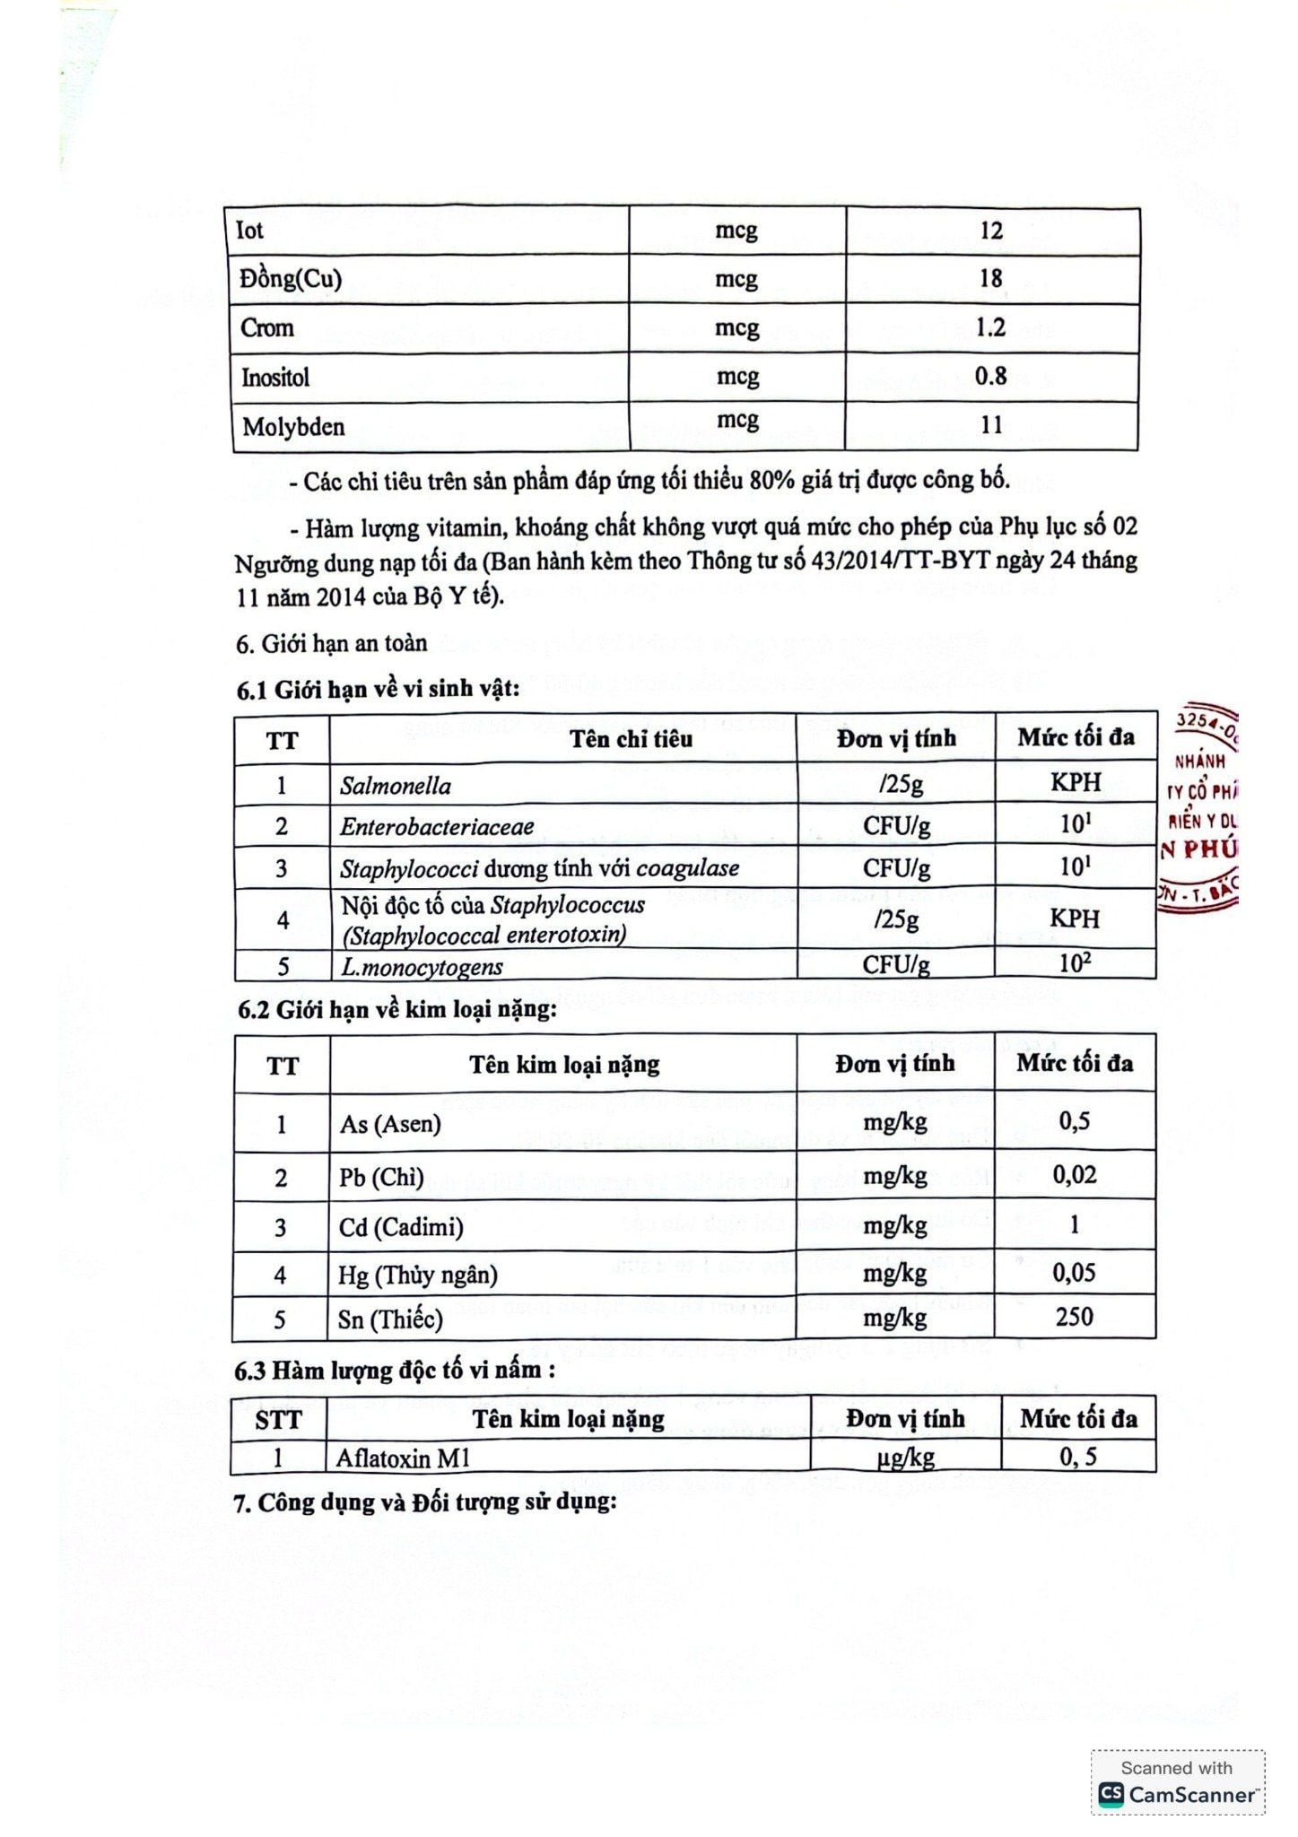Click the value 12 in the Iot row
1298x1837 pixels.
click(x=990, y=231)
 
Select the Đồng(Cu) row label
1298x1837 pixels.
click(x=291, y=279)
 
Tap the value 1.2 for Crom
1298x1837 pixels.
click(x=990, y=327)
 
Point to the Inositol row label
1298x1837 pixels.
click(x=274, y=377)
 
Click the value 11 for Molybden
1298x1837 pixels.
click(x=990, y=425)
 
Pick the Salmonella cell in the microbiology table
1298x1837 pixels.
click(x=395, y=786)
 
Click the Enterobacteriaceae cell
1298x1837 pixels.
click(x=436, y=826)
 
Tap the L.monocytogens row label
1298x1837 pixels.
click(x=422, y=967)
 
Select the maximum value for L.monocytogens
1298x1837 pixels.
click(x=1075, y=964)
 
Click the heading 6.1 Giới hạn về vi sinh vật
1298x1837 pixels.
click(x=378, y=689)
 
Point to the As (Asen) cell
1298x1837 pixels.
click(x=390, y=1123)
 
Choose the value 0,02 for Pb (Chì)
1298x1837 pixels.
click(x=1074, y=1175)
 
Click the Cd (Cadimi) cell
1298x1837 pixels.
click(x=401, y=1226)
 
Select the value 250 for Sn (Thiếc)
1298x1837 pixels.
click(x=1074, y=1317)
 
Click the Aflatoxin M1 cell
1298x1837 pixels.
click(x=403, y=1458)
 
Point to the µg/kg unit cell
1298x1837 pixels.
click(x=905, y=1458)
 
